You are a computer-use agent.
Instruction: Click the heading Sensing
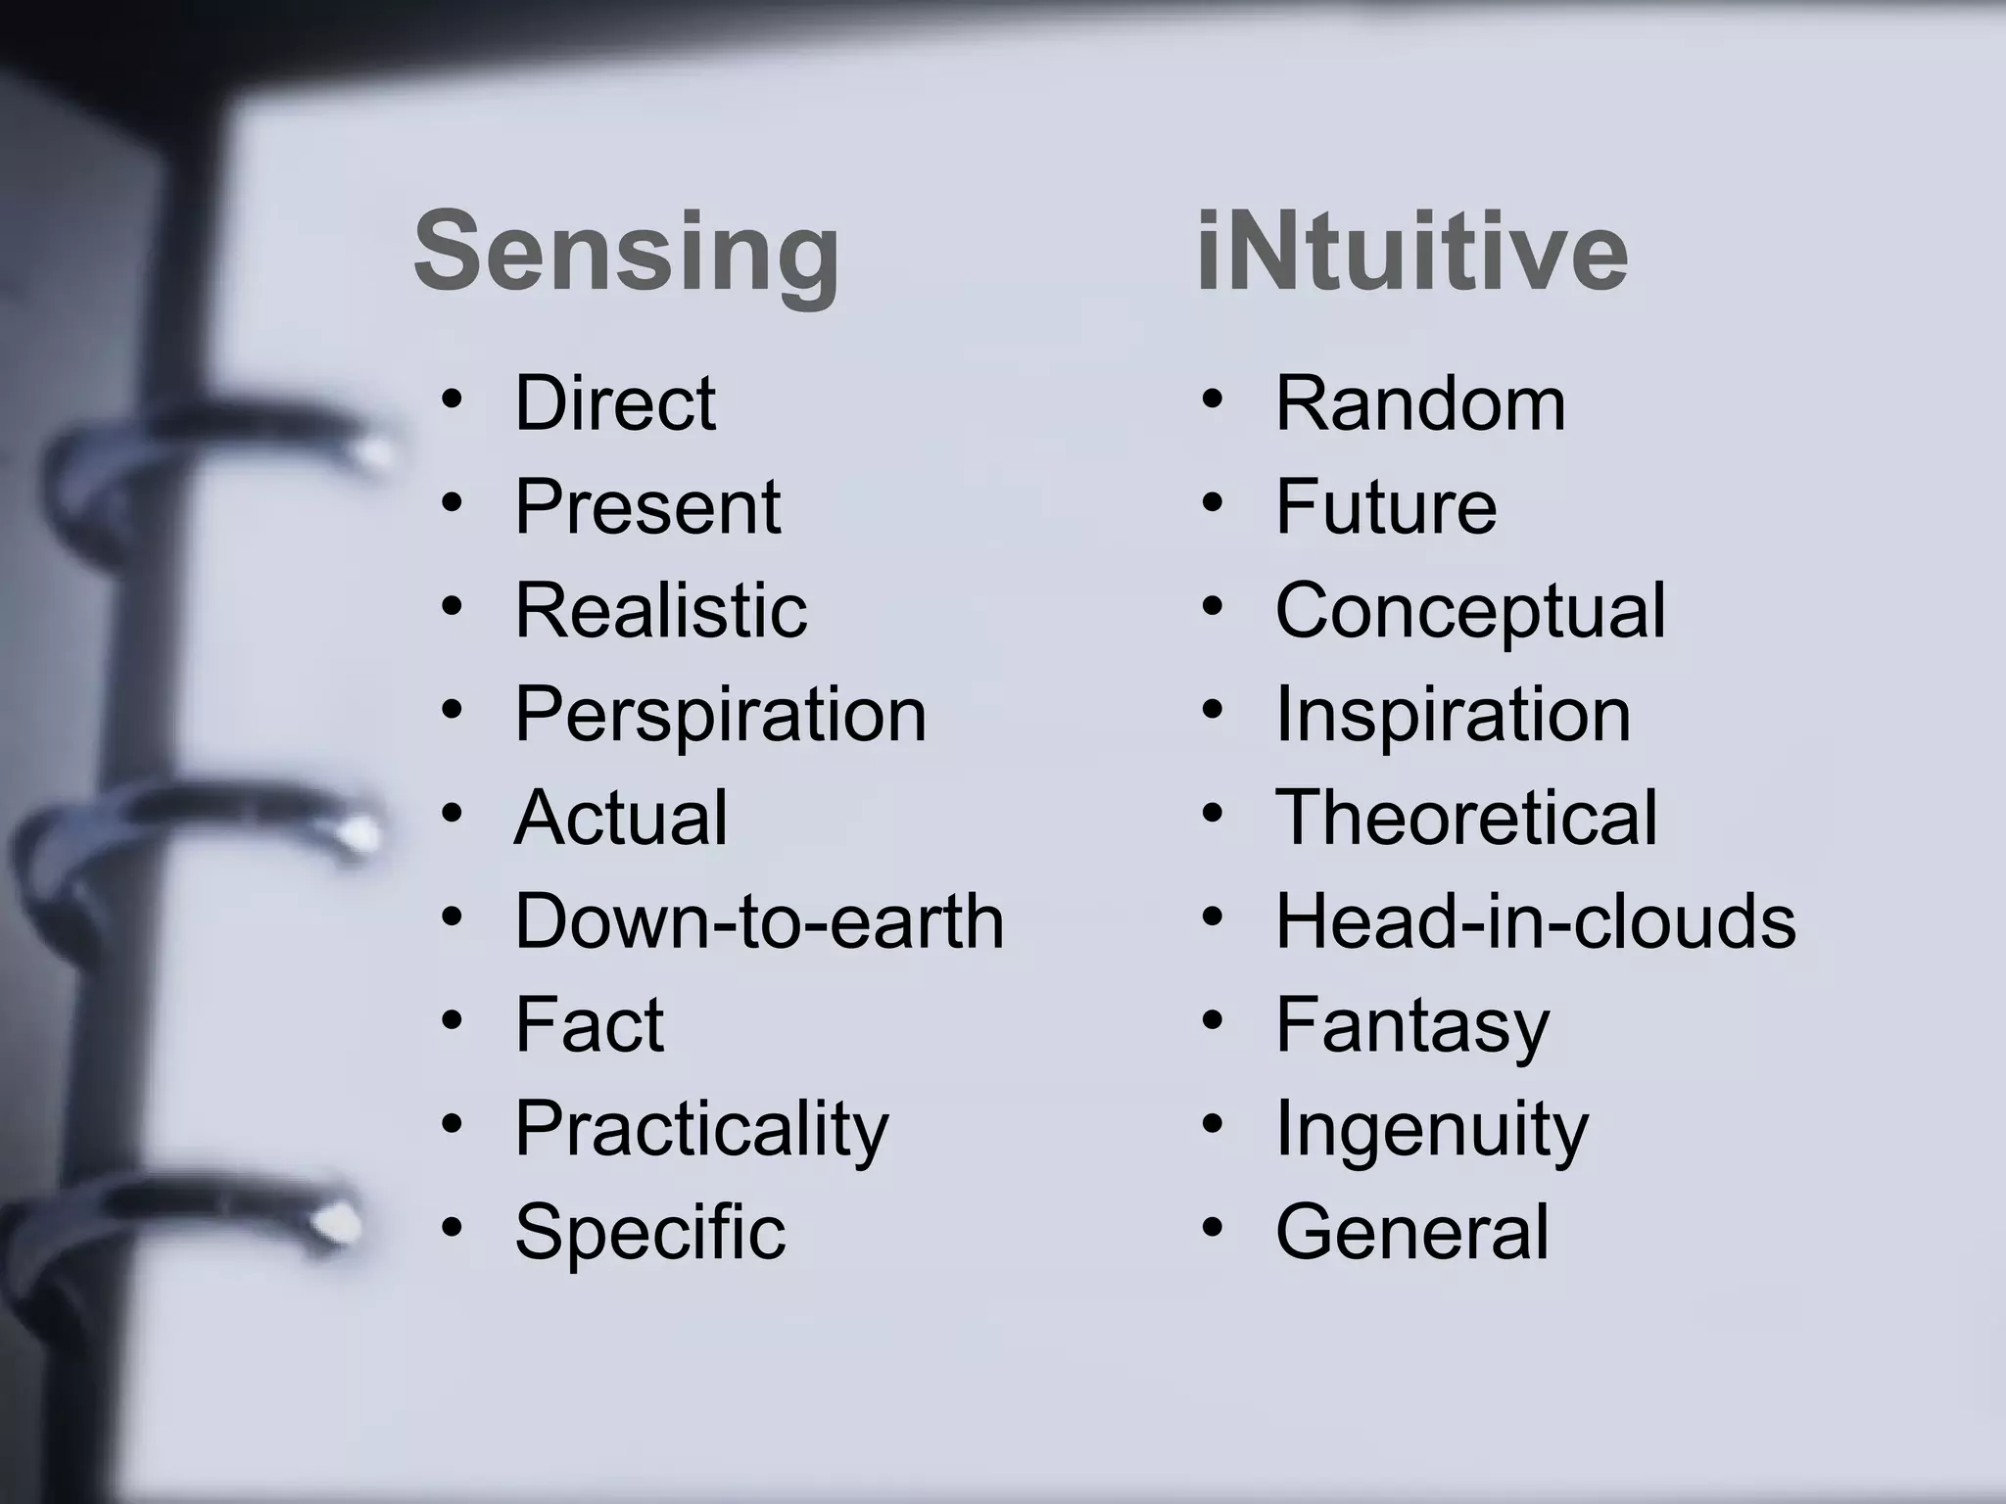click(627, 253)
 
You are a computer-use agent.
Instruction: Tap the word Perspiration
click(720, 714)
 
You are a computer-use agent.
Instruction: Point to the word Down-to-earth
click(759, 921)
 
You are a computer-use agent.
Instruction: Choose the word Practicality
click(701, 1129)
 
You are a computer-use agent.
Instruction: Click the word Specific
click(650, 1232)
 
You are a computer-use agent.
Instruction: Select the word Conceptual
click(1469, 610)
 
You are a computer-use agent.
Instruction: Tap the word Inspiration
click(1453, 714)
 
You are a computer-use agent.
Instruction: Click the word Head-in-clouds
click(1535, 921)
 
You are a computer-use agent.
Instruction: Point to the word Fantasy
click(1412, 1025)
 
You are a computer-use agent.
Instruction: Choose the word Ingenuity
click(1431, 1129)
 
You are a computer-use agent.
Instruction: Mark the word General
click(1412, 1232)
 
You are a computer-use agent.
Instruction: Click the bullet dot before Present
click(452, 502)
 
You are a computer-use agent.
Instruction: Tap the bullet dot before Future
click(1213, 502)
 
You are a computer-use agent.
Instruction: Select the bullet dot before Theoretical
click(1213, 813)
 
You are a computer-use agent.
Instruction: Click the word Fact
click(590, 1025)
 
